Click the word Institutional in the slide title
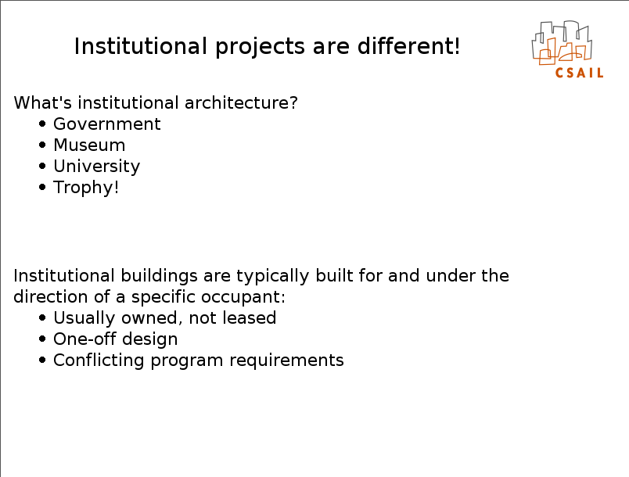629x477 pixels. pos(140,46)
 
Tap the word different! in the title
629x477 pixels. pos(408,46)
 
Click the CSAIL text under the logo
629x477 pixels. pos(579,73)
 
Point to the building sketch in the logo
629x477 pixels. pos(562,42)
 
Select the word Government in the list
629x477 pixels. pos(106,124)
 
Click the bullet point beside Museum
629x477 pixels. pos(42,145)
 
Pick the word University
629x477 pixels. pos(97,167)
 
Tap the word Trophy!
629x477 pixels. pos(86,188)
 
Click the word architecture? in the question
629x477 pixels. pos(241,103)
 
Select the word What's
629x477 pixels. pos(42,103)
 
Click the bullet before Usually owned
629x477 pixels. pos(42,318)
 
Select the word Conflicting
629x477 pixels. pos(99,360)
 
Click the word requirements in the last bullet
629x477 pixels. pos(286,360)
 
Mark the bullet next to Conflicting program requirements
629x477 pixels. pos(42,360)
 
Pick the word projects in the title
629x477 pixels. pos(260,47)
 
